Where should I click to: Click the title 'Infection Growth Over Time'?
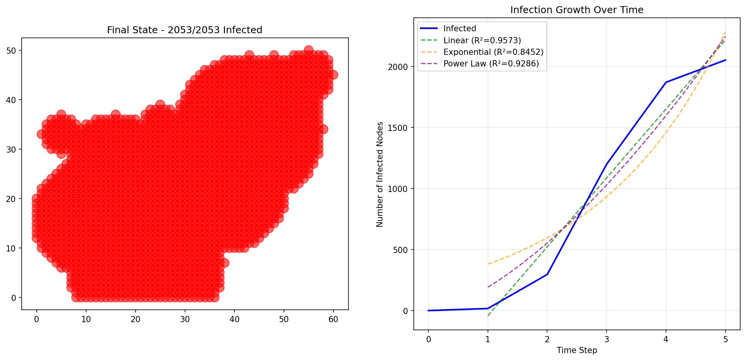coord(576,10)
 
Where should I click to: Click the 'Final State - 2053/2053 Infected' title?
coord(185,30)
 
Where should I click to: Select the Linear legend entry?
coord(482,41)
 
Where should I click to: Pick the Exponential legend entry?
coord(493,52)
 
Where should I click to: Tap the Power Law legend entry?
coord(491,64)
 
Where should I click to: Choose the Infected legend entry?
coord(459,29)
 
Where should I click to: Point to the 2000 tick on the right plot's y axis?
coord(398,67)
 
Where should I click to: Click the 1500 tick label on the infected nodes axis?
coord(398,128)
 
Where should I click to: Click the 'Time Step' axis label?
coord(576,350)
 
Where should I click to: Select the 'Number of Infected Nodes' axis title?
coord(380,174)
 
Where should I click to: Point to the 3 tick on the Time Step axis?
coord(607,340)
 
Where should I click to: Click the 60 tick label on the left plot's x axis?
coord(333,319)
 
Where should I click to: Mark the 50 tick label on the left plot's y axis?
coord(11,51)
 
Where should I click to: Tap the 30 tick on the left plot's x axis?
coord(185,319)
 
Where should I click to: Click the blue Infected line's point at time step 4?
coord(666,82)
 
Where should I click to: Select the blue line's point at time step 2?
coord(547,274)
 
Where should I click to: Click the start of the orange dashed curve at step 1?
coord(488,264)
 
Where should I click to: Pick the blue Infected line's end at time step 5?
coord(726,60)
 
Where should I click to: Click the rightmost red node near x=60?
coord(333,75)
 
